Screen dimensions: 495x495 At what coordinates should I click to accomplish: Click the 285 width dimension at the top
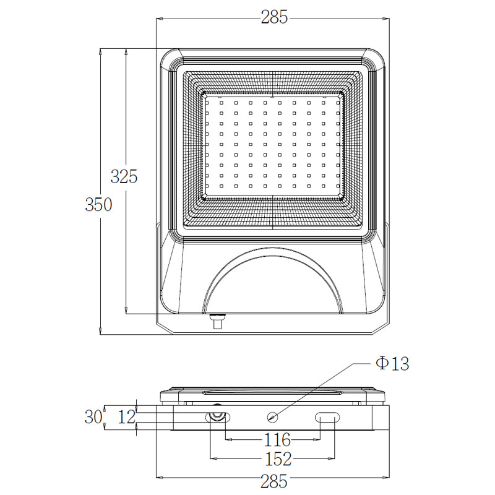click(x=274, y=17)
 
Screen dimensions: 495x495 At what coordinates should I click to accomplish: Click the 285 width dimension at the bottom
click(x=273, y=482)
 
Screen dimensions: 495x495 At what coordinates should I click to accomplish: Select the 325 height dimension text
click(x=124, y=176)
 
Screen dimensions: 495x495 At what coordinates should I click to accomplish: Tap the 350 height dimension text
click(x=98, y=205)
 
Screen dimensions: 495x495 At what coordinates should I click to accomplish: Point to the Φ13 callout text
click(x=392, y=363)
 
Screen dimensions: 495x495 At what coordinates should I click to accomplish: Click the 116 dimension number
click(x=277, y=440)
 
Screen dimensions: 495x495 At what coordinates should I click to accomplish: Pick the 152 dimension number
click(x=278, y=459)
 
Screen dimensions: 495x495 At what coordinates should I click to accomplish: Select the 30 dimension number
click(x=93, y=416)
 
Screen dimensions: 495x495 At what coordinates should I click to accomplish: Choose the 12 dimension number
click(x=127, y=417)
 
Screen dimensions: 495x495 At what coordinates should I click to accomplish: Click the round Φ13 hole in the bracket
click(x=272, y=417)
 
